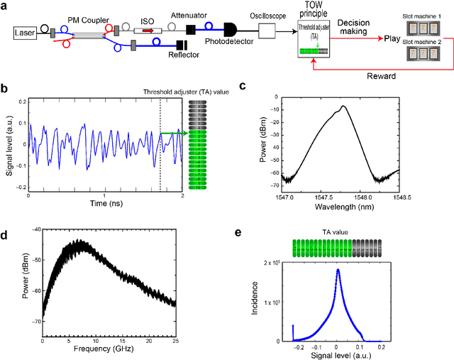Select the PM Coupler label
85,16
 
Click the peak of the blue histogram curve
338,269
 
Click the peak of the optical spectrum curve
343,107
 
